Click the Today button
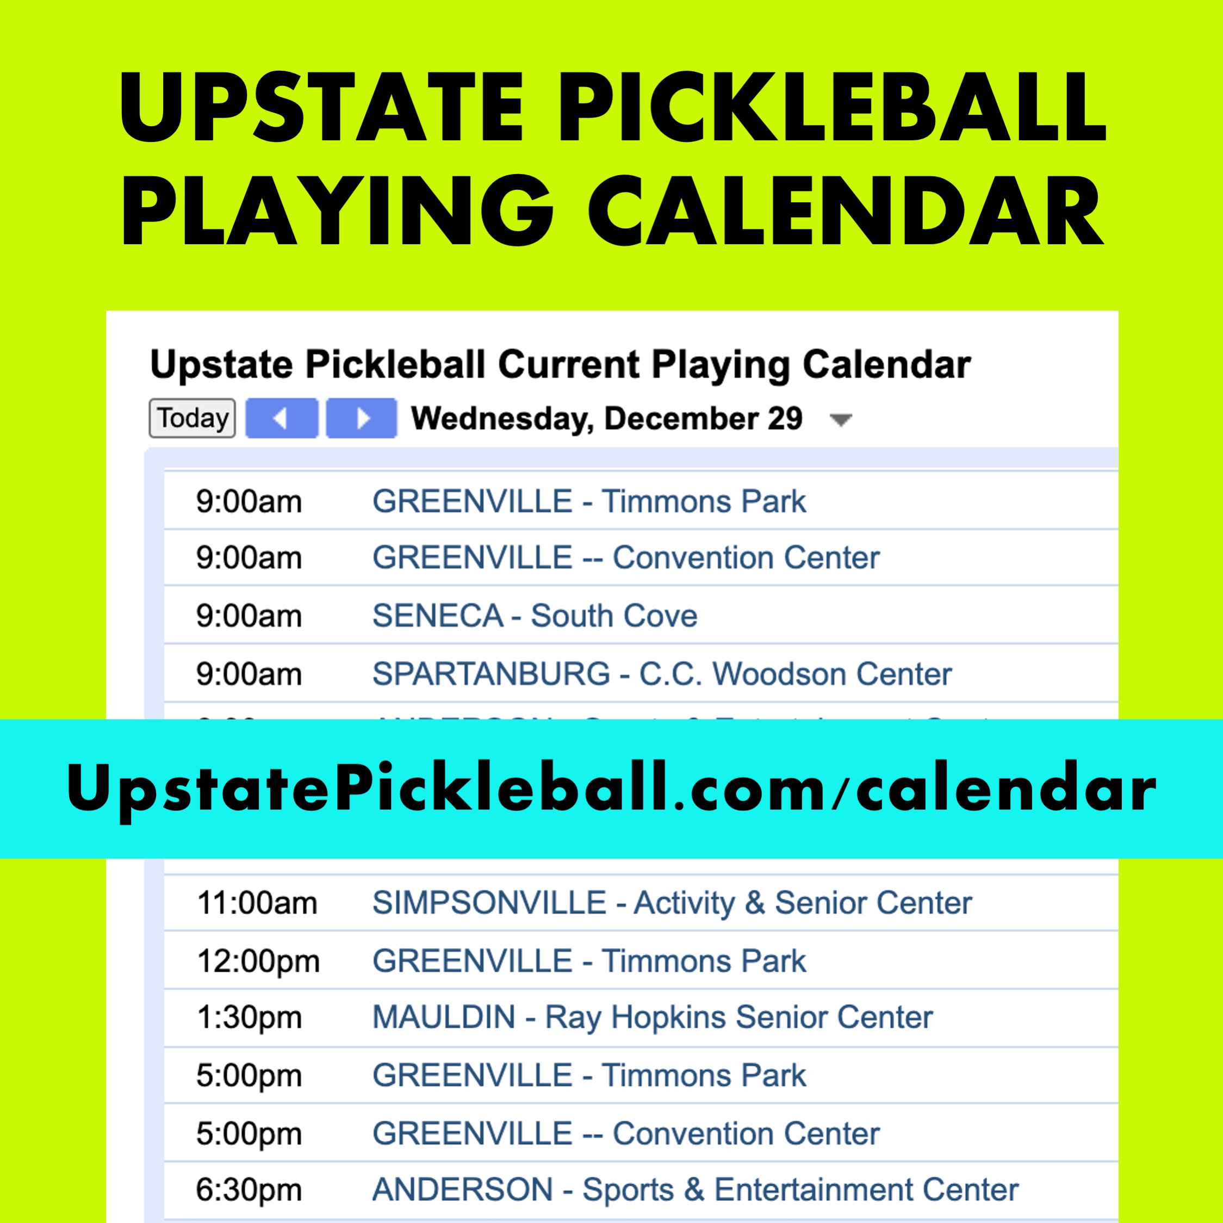[x=192, y=418]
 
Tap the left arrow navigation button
[x=281, y=418]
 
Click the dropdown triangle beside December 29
[x=841, y=420]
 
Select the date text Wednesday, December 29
[x=606, y=418]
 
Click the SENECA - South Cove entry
[x=534, y=616]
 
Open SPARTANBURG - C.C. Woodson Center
[x=661, y=674]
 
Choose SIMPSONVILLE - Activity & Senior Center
[x=672, y=903]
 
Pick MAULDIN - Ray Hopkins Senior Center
[x=652, y=1017]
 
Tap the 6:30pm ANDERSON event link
[x=695, y=1189]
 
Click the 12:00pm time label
[x=258, y=961]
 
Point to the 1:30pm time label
[x=249, y=1018]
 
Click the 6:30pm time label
[x=249, y=1190]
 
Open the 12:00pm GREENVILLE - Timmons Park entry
[x=589, y=961]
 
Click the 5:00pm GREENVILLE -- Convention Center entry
[x=625, y=1133]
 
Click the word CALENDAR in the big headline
[x=846, y=212]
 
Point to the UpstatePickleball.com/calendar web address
[x=611, y=788]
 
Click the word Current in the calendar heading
[x=568, y=365]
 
